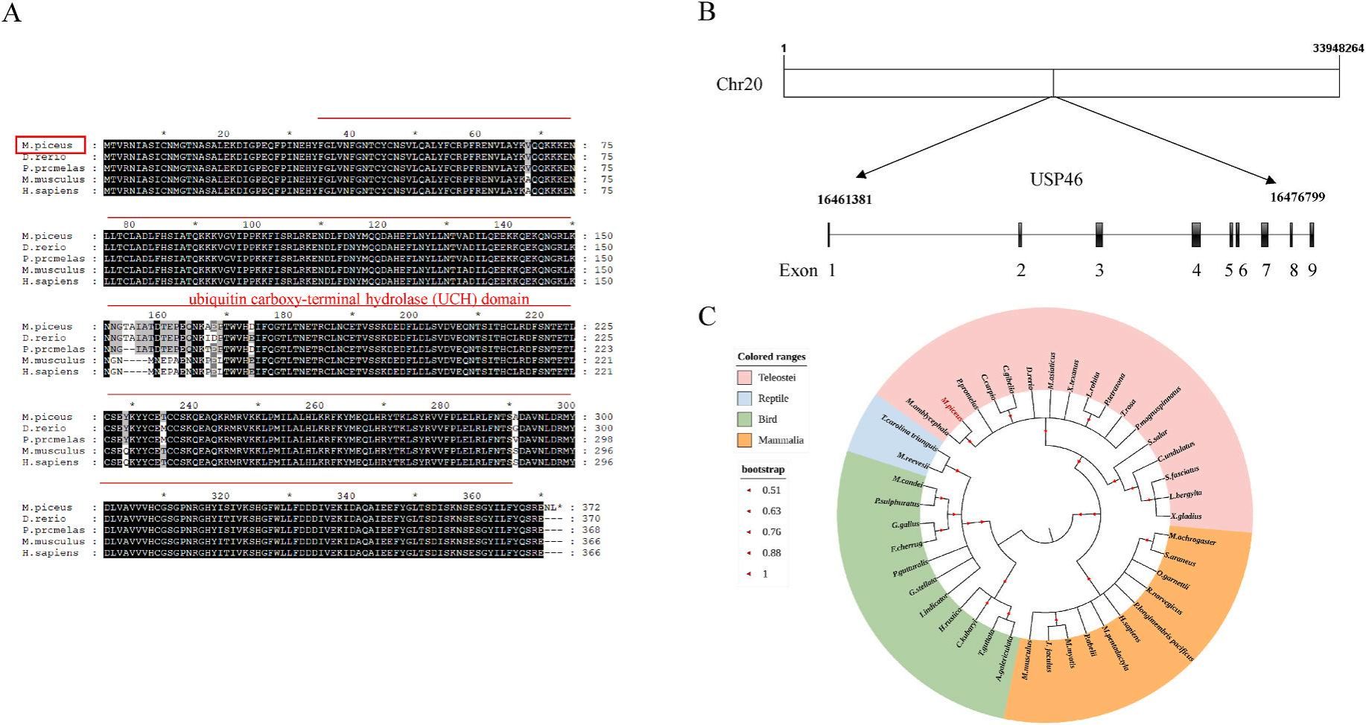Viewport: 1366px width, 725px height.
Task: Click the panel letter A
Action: [x=12, y=13]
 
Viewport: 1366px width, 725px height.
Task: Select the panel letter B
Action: [x=707, y=13]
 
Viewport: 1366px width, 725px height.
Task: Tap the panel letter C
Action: [x=707, y=316]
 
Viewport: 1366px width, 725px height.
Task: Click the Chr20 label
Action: [x=739, y=84]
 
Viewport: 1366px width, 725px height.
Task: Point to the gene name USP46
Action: [x=1056, y=179]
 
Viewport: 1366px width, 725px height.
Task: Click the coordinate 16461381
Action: [x=844, y=199]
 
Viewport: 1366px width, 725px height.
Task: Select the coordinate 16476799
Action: [x=1297, y=197]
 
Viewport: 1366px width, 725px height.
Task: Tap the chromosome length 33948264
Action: [x=1338, y=48]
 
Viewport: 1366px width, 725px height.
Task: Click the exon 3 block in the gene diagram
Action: [x=1099, y=235]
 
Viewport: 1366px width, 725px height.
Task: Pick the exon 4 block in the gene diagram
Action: [x=1196, y=235]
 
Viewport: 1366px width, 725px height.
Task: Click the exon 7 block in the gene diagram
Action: [x=1265, y=235]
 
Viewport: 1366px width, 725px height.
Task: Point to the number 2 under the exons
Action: [x=1021, y=270]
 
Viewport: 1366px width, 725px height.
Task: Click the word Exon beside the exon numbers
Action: [x=798, y=270]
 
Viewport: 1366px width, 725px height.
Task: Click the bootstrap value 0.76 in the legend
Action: [x=771, y=532]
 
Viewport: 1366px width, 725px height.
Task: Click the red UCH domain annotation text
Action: [x=359, y=299]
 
